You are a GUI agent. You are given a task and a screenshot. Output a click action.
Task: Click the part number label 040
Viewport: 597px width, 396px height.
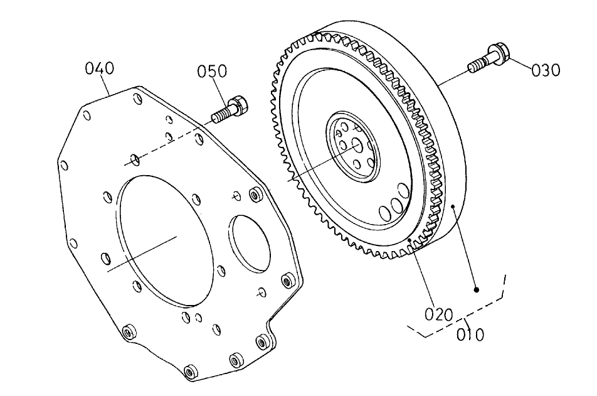98,68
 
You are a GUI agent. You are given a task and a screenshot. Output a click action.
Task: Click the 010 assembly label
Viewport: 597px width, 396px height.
470,334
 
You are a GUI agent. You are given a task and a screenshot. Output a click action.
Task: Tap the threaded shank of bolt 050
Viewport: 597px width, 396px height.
221,115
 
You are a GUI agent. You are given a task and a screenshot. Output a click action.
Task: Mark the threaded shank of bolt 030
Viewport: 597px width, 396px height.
476,65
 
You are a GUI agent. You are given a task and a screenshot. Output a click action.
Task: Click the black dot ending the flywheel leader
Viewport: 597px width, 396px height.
477,290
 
